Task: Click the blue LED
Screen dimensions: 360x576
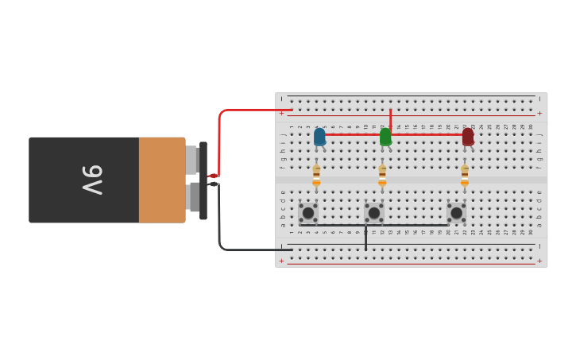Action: click(x=319, y=137)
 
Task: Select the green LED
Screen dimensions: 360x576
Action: click(x=385, y=137)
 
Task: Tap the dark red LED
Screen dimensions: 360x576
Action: click(x=468, y=137)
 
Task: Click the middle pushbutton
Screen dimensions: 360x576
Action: click(x=374, y=213)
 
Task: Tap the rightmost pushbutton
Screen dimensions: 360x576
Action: click(x=456, y=213)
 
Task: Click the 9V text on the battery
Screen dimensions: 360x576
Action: click(x=92, y=180)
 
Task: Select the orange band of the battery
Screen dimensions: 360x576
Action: click(x=162, y=180)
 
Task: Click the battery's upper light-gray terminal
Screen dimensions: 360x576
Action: click(x=191, y=160)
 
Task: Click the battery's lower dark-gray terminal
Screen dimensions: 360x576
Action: click(x=194, y=197)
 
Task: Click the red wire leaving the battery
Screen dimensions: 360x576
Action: click(x=220, y=135)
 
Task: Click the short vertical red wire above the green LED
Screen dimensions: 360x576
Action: click(x=390, y=118)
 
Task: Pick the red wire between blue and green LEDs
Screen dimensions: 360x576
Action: click(x=353, y=134)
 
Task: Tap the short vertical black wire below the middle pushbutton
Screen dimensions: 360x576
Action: click(x=365, y=238)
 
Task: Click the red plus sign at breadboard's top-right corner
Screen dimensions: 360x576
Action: click(x=539, y=113)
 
